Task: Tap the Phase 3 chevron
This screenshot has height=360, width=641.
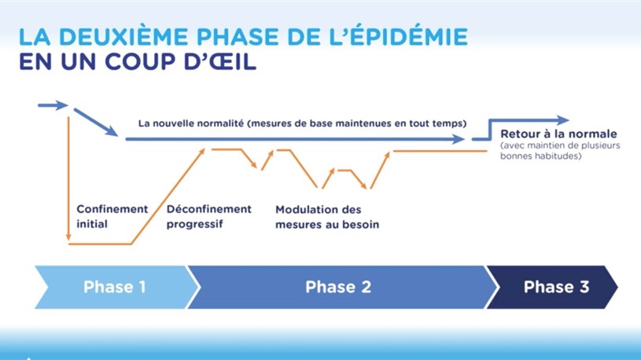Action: pyautogui.click(x=553, y=287)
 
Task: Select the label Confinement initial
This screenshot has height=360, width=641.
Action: pyautogui.click(x=112, y=217)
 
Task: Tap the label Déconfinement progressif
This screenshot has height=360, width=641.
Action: pyautogui.click(x=209, y=217)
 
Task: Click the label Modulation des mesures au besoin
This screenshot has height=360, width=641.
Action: pyautogui.click(x=327, y=217)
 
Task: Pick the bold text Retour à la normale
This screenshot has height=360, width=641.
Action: pyautogui.click(x=558, y=134)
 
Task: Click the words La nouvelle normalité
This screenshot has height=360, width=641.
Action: pyautogui.click(x=191, y=123)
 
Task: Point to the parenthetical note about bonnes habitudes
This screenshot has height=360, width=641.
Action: pyautogui.click(x=560, y=150)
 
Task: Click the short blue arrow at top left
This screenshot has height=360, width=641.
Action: pyautogui.click(x=53, y=105)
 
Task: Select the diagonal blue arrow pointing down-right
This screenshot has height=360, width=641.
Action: pyautogui.click(x=96, y=122)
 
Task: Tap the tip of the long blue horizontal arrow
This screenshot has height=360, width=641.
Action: pyautogui.click(x=464, y=139)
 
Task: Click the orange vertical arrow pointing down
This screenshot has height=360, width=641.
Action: pyautogui.click(x=68, y=178)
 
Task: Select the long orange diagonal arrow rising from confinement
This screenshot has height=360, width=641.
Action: pyautogui.click(x=168, y=197)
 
